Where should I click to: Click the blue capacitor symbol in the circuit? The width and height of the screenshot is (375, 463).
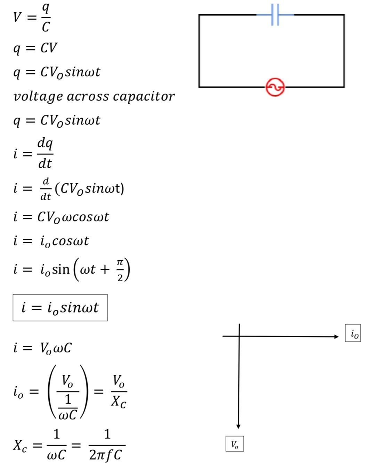coord(275,15)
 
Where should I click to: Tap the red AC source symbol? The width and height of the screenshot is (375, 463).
coord(275,87)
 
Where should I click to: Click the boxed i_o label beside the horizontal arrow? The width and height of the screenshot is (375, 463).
coord(353,333)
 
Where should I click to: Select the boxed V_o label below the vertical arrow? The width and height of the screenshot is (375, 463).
coord(235,444)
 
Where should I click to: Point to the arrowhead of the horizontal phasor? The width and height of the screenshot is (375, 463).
coord(336,336)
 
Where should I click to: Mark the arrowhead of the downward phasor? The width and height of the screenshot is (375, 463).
coord(238,426)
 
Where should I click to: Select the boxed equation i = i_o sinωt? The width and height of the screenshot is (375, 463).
coord(60,308)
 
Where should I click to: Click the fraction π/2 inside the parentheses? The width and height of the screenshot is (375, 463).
coord(120,270)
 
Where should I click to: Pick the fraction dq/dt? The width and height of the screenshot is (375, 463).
coord(45,153)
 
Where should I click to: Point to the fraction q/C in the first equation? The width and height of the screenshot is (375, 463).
coord(46,17)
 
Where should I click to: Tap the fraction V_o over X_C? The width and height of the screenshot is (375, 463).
coord(119,391)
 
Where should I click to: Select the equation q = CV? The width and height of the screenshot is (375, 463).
coord(35,48)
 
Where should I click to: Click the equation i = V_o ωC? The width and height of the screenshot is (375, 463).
coord(43,348)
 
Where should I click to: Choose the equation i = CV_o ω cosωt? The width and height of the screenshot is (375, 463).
coord(61,217)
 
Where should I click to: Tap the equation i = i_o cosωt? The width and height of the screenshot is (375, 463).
coord(51,241)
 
